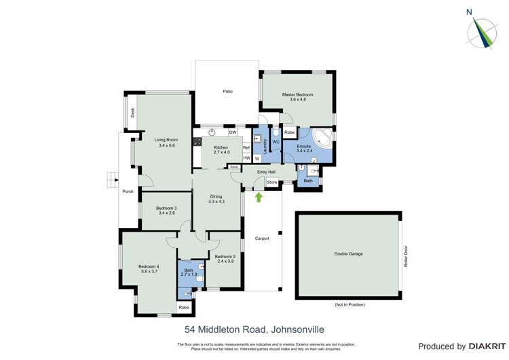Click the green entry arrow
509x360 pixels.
258,198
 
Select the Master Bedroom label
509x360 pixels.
298,96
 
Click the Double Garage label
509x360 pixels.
348,254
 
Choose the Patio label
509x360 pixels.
228,91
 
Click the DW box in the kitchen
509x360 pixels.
232,132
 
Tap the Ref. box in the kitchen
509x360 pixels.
247,147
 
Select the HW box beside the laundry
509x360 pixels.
247,158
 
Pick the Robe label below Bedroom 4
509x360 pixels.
183,308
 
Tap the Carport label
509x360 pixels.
262,238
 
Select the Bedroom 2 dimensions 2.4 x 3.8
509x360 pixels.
225,262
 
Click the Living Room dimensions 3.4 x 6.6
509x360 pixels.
167,145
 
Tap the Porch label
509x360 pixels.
128,192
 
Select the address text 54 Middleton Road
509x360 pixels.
227,329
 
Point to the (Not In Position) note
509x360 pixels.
348,304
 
